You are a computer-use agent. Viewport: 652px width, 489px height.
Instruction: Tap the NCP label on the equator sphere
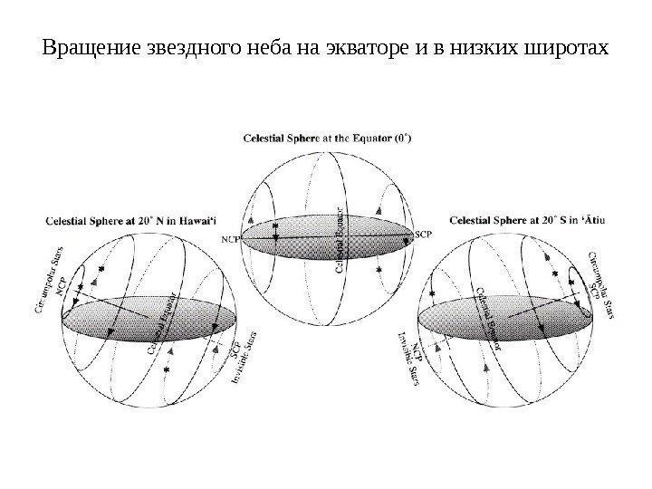(231, 240)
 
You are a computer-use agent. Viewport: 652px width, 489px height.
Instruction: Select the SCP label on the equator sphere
(424, 235)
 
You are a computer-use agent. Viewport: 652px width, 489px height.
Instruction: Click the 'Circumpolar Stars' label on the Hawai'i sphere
(50, 283)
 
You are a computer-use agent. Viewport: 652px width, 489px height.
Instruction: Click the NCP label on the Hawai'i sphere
(66, 286)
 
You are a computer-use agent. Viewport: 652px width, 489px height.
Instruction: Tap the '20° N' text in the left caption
(144, 218)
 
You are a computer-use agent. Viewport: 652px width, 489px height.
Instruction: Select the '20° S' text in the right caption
(542, 218)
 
